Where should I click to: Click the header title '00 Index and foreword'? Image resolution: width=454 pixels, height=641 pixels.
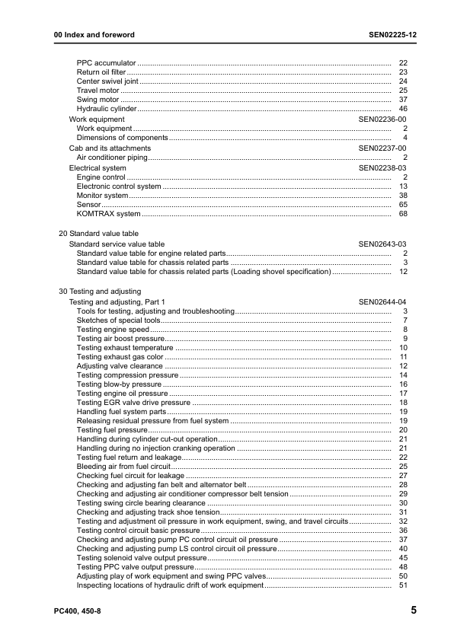click(94, 35)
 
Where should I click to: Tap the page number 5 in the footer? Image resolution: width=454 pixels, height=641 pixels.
click(412, 611)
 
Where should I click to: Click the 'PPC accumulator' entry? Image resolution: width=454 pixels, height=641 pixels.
click(107, 62)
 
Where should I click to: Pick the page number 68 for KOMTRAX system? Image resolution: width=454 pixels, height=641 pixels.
click(404, 215)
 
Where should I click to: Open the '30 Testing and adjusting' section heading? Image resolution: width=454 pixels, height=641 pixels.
click(100, 292)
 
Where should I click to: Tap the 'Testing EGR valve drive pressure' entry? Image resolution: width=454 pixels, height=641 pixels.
click(133, 403)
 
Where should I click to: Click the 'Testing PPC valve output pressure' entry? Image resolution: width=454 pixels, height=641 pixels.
click(136, 567)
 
